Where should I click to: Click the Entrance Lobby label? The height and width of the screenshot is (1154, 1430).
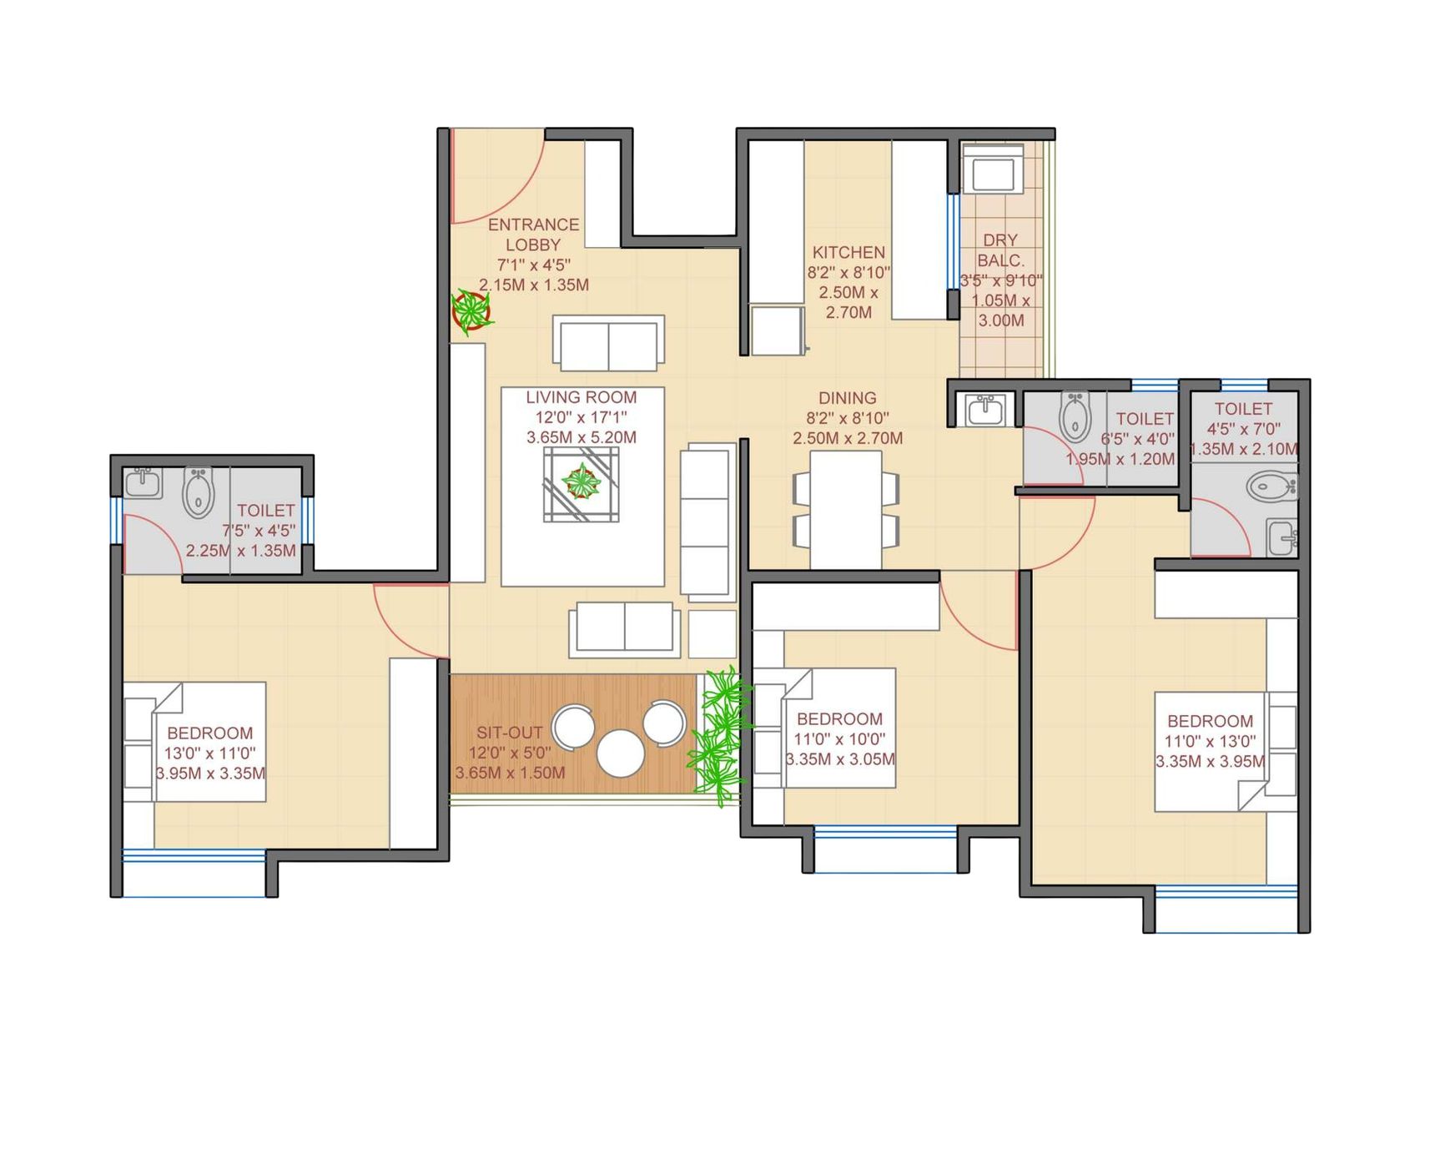(533, 234)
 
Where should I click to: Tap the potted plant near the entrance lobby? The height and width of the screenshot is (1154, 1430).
(471, 311)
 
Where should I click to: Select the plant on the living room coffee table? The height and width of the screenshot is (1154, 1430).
(582, 482)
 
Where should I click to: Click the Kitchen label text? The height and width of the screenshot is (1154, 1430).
(848, 252)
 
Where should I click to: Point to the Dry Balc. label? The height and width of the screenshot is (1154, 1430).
(999, 250)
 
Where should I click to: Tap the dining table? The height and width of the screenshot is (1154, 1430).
(846, 509)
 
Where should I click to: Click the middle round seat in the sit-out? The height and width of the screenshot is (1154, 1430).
(620, 753)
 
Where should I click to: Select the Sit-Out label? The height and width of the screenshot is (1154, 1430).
(509, 733)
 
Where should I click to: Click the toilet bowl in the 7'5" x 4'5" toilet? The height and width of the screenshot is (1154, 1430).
(199, 493)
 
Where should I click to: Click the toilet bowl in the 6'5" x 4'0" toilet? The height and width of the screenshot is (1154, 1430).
(1075, 416)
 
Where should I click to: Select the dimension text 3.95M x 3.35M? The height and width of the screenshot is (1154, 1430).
(210, 774)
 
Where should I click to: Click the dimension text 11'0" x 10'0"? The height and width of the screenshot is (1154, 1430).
(839, 739)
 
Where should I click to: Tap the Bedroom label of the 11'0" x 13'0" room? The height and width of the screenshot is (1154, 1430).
(1210, 721)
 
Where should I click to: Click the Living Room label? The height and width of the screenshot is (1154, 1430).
(581, 398)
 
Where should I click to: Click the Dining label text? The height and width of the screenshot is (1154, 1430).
(847, 398)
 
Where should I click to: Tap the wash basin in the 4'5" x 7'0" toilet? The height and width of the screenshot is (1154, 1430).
(1282, 537)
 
